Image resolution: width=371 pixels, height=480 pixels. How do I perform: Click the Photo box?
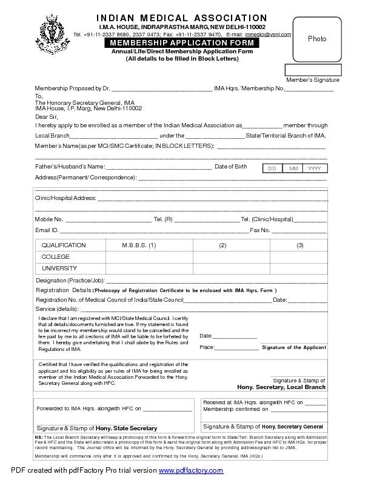point(316,39)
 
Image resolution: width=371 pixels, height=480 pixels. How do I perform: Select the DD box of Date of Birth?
point(272,168)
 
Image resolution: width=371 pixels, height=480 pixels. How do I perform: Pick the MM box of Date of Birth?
point(293,168)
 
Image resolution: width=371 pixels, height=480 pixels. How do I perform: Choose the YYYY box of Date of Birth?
point(314,168)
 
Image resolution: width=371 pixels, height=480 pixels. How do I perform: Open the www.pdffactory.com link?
point(191,471)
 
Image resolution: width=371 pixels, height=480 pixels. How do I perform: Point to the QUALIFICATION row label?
point(64,245)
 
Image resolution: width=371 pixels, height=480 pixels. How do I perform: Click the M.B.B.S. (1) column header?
point(139,245)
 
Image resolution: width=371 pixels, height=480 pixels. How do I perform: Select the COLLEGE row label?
point(56,257)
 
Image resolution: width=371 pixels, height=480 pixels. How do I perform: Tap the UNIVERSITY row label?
point(59,268)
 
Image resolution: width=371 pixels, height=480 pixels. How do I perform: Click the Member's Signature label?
point(312,80)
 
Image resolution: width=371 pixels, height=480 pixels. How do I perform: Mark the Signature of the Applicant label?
point(293,347)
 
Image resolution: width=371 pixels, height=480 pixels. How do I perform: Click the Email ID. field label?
point(47,230)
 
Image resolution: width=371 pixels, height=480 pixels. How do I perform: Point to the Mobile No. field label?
point(49,219)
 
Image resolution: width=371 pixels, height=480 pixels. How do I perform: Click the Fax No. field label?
point(260,230)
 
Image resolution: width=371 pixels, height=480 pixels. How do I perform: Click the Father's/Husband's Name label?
point(70,167)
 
